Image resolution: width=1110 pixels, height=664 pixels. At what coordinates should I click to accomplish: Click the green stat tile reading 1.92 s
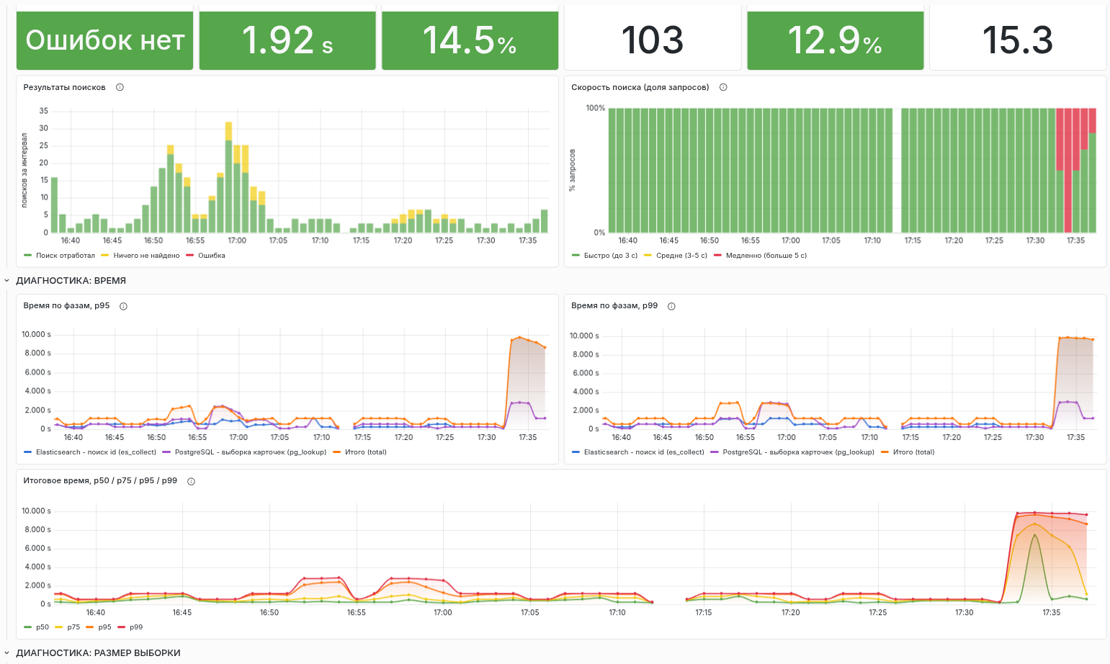point(287,40)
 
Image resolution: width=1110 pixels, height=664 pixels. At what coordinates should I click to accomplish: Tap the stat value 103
point(652,40)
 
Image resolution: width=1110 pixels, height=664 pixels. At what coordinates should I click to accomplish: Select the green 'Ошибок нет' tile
point(104,40)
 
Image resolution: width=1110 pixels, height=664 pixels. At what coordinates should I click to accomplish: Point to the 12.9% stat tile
point(835,40)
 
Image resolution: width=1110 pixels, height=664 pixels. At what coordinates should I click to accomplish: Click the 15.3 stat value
point(1017,40)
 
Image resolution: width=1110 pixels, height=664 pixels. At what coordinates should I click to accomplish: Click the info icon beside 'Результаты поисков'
point(120,87)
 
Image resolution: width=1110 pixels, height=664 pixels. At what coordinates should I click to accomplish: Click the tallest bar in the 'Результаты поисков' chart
point(228,177)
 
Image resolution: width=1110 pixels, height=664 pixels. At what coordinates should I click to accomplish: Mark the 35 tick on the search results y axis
point(44,111)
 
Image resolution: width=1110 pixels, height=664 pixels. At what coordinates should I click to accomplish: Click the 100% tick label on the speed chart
point(595,108)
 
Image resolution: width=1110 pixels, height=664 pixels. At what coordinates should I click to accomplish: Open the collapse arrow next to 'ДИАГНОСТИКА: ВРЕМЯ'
point(7,280)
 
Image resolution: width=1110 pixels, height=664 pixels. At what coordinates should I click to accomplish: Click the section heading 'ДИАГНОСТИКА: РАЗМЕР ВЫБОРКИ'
point(98,653)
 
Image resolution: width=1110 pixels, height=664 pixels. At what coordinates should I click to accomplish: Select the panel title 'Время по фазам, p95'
point(66,306)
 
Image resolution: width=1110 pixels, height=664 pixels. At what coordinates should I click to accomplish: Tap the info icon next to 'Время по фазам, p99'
point(671,306)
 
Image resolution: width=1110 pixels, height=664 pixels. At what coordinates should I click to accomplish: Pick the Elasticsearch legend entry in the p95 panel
point(90,452)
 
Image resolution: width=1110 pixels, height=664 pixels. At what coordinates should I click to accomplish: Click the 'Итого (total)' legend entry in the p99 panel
point(908,452)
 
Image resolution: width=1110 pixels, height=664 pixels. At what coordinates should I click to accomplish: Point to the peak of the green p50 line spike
point(1034,534)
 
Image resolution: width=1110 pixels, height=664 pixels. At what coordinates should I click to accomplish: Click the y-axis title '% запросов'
point(573,170)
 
